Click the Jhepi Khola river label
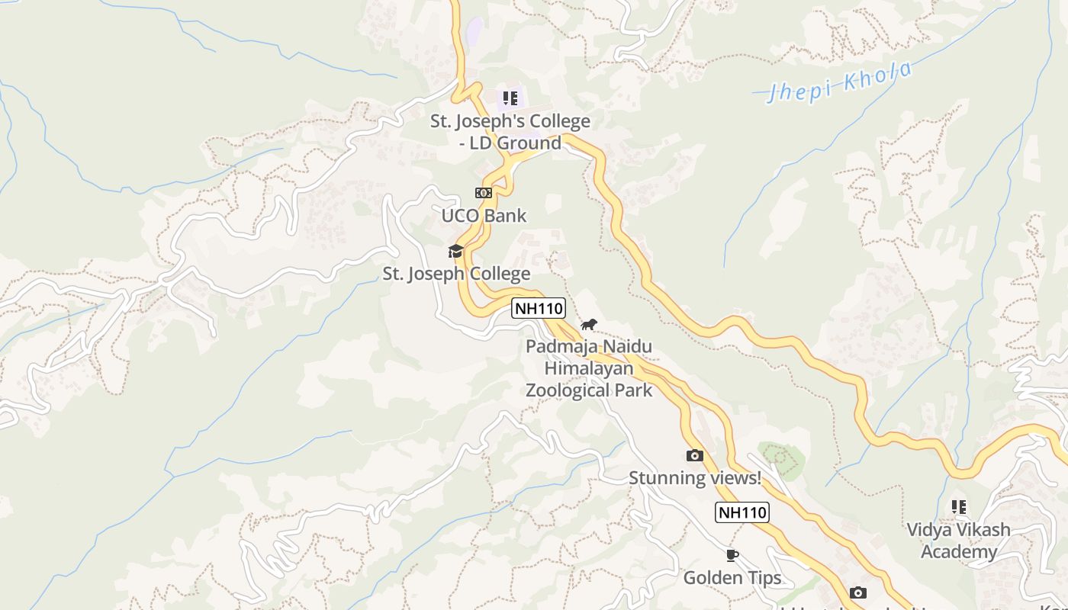pos(840,81)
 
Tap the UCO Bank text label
pos(484,216)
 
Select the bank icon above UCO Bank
pos(484,193)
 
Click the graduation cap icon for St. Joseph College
pos(455,251)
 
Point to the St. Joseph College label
pos(456,274)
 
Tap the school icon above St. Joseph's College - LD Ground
pos(510,98)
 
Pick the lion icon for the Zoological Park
pos(588,325)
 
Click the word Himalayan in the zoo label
pos(588,369)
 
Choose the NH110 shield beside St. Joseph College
pos(539,309)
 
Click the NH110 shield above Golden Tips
pos(741,512)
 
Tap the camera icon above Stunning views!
pos(694,455)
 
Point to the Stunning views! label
pos(694,478)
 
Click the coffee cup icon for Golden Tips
pos(732,555)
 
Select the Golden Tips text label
pos(732,578)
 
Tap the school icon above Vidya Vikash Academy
pos(959,506)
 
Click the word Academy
pos(959,552)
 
